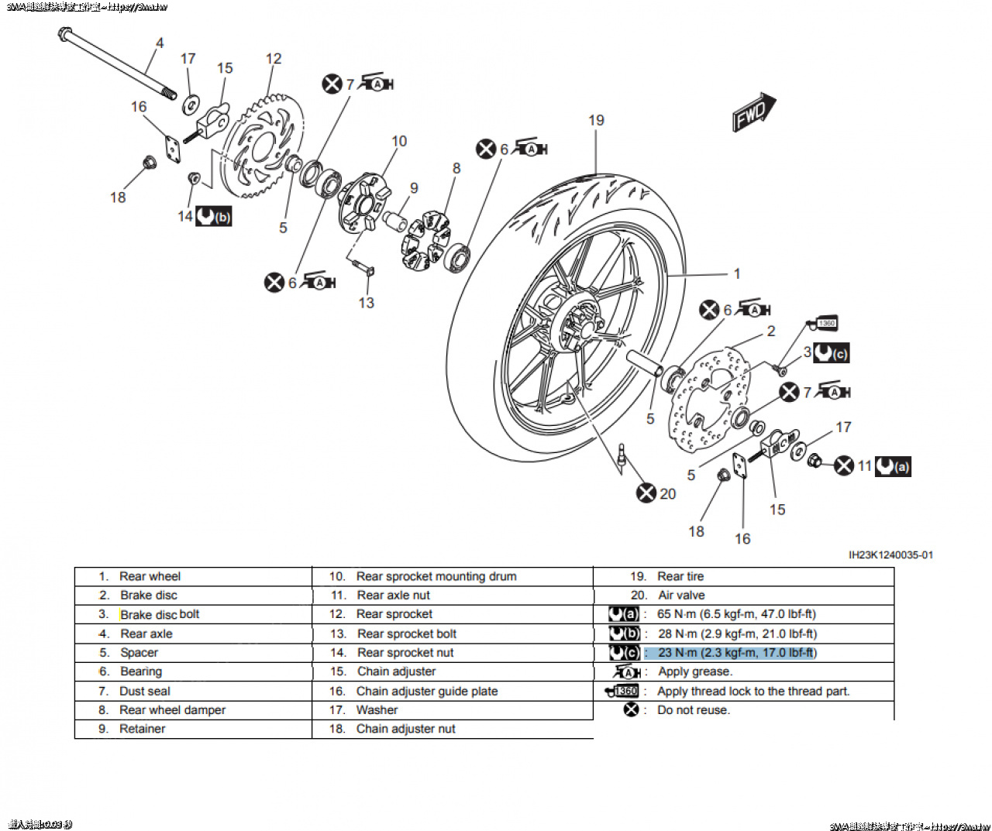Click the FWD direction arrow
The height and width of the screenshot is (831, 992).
753,112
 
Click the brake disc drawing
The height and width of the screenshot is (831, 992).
709,399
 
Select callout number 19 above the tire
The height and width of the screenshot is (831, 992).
596,120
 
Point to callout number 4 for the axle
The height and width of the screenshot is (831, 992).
160,43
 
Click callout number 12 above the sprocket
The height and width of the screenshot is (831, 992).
274,59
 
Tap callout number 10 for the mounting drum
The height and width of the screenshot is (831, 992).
399,141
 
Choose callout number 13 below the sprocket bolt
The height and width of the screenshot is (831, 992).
367,303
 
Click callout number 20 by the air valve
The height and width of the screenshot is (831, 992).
667,493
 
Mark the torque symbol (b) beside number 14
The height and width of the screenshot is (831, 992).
214,216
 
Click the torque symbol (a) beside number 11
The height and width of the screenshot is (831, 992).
893,466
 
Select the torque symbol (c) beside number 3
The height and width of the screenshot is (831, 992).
832,353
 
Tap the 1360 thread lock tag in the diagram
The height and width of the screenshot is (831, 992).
826,323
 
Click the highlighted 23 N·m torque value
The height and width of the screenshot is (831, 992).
737,653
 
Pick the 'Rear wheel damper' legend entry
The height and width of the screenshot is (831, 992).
172,710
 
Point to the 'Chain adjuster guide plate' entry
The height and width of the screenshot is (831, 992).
426,692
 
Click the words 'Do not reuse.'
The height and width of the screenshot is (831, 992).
693,710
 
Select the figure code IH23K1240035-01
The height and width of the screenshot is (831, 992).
890,555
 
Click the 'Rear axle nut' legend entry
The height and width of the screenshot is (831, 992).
393,596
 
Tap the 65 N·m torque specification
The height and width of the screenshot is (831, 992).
736,614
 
